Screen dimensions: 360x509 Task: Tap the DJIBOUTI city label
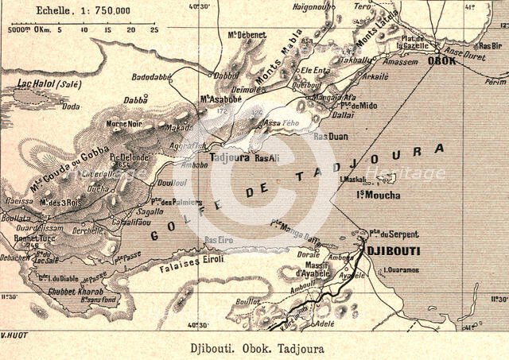[393, 250]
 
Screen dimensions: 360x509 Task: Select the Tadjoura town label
[231, 157]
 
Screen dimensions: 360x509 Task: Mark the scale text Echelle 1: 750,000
[82, 12]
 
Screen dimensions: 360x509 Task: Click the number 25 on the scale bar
[153, 30]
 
